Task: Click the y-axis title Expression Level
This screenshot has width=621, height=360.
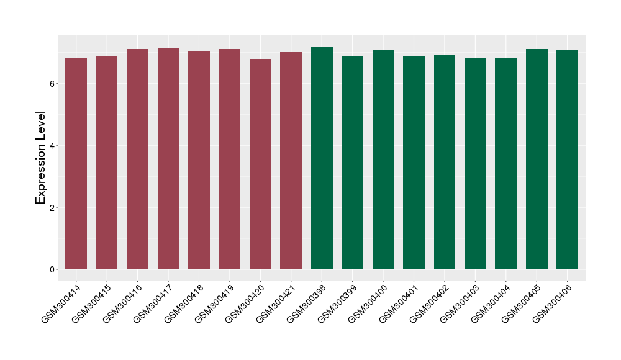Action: click(x=41, y=158)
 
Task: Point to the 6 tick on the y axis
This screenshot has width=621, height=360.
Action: click(x=54, y=83)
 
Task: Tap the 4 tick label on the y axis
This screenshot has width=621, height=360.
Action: click(x=54, y=145)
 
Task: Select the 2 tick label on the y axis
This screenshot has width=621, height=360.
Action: click(x=54, y=207)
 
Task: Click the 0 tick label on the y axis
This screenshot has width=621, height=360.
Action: click(x=54, y=269)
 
